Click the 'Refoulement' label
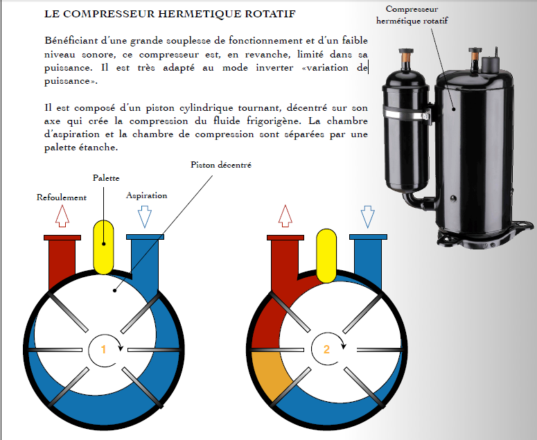pyautogui.click(x=61, y=197)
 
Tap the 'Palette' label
pyautogui.click(x=105, y=179)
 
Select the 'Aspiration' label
pyautogui.click(x=146, y=195)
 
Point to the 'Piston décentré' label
pyautogui.click(x=221, y=165)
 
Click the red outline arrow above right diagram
pyautogui.click(x=285, y=217)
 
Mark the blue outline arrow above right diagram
pyautogui.click(x=368, y=217)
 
